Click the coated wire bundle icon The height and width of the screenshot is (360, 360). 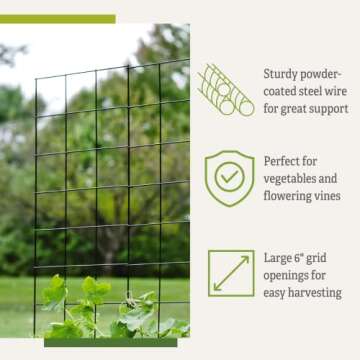[x=225, y=89]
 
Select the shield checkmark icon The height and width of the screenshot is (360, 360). [x=229, y=176]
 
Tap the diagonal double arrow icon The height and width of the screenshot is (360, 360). [x=231, y=272]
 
